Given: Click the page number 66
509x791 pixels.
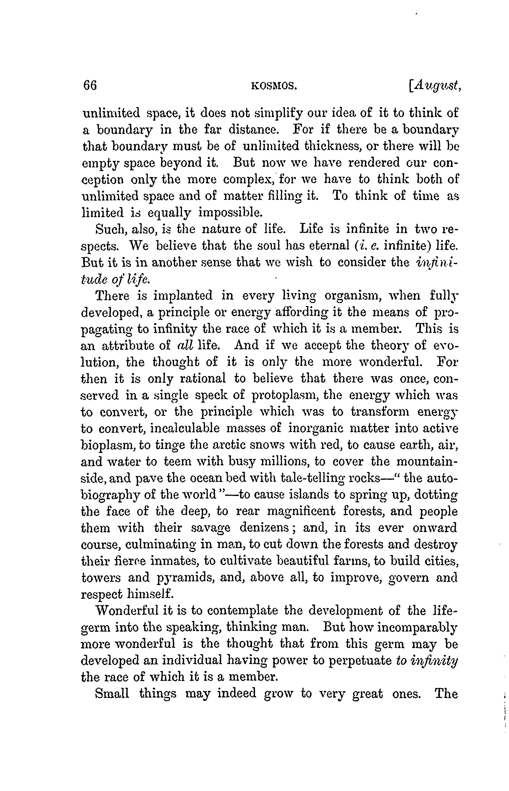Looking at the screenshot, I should point(90,86).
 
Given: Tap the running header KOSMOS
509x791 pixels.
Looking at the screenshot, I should point(274,86).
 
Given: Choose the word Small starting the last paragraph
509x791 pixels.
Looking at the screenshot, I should point(112,694).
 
